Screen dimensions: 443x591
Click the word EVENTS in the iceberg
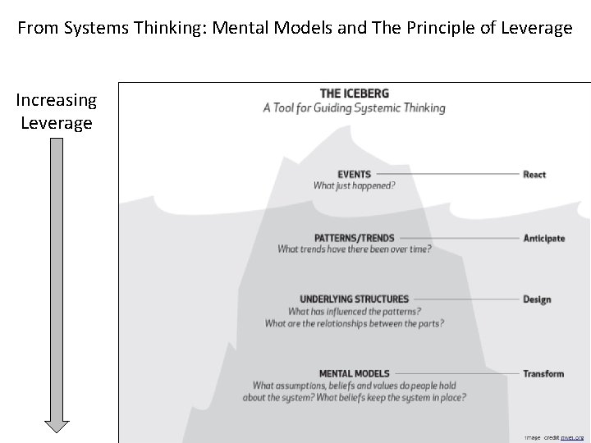tap(354, 174)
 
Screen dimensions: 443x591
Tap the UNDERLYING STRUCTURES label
tap(354, 299)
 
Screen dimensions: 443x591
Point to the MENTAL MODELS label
tap(354, 373)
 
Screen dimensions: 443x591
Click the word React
tap(534, 174)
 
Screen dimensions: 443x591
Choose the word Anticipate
tap(543, 238)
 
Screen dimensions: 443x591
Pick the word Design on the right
tap(537, 299)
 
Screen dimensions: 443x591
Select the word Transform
tap(543, 373)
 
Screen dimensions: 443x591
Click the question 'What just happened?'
tap(355, 185)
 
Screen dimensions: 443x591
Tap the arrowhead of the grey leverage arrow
tap(57, 426)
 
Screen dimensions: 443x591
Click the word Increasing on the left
tap(57, 101)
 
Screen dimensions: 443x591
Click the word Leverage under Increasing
tap(57, 122)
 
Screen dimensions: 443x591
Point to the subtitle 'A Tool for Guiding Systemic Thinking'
tap(355, 107)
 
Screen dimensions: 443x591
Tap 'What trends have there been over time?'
tap(355, 249)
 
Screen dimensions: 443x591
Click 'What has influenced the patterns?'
tap(355, 311)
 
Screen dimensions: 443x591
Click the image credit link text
tap(573, 438)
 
